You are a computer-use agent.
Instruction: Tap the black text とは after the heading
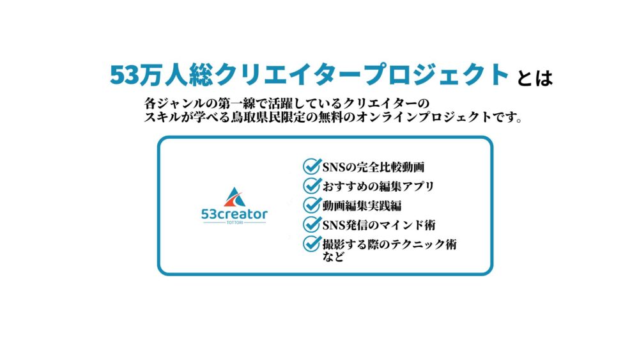click(x=535, y=78)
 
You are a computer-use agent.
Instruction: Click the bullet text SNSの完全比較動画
click(x=373, y=167)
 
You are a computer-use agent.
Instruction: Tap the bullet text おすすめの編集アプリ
click(x=378, y=186)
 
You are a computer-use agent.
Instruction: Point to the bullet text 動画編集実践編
click(x=362, y=206)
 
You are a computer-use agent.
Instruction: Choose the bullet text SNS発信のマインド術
click(x=379, y=225)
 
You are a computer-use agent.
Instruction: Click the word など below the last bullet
click(x=334, y=256)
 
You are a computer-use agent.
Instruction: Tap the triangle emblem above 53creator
click(x=235, y=198)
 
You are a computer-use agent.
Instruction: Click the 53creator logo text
click(x=235, y=214)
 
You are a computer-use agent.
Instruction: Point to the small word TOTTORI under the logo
click(x=235, y=223)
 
